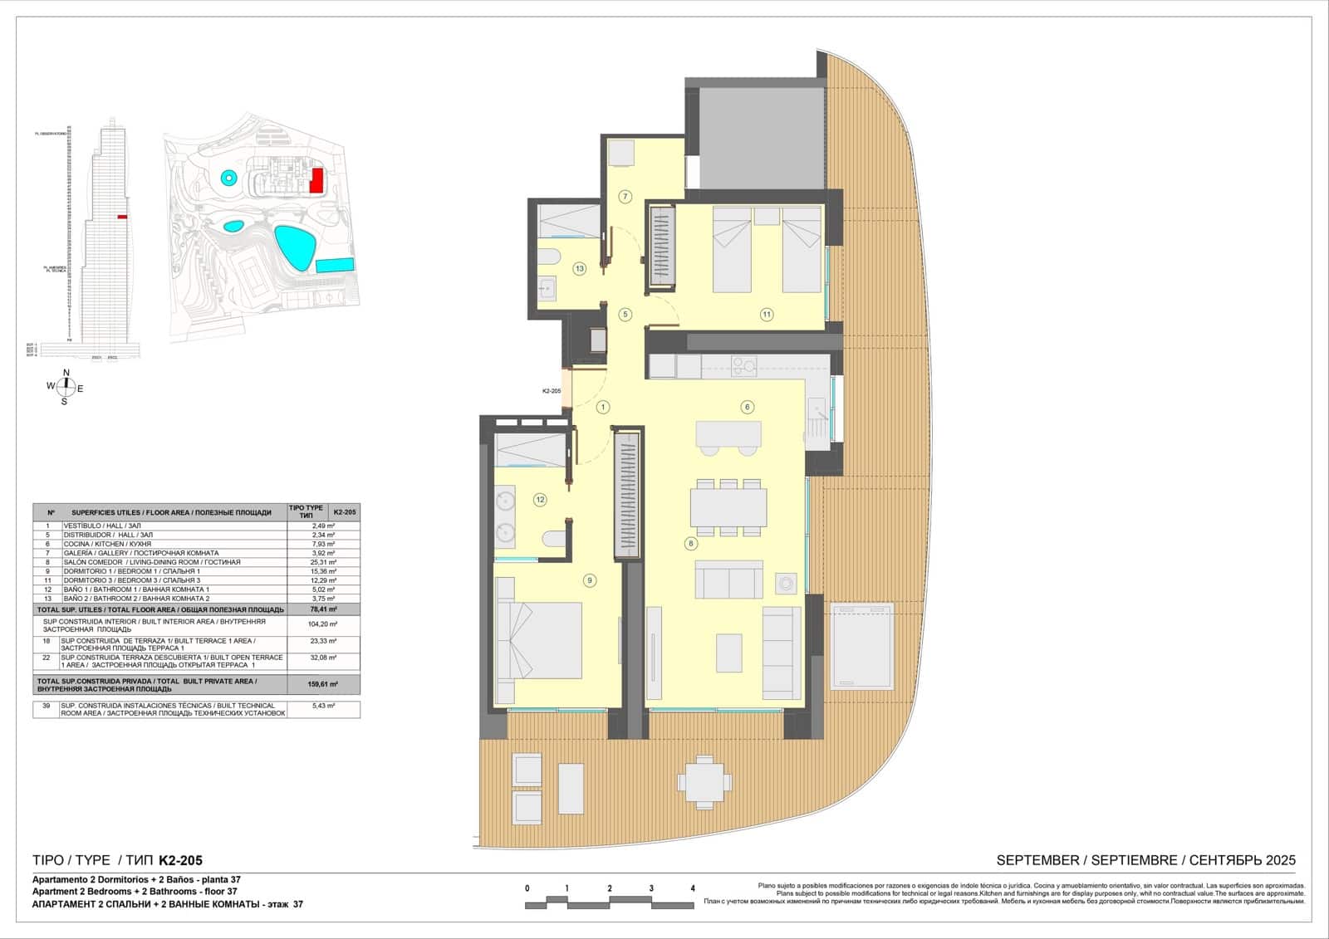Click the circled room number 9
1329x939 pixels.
tap(590, 580)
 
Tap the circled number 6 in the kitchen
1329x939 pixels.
tap(748, 407)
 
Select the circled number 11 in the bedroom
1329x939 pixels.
tap(767, 314)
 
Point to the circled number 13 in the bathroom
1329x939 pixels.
tap(580, 268)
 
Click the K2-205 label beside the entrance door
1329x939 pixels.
tap(552, 391)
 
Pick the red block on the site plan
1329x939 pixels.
tap(316, 179)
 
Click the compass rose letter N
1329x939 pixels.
tap(66, 373)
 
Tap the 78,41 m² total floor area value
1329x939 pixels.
tap(324, 609)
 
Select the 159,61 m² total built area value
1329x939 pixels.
tap(324, 684)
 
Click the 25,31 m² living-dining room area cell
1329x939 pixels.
tap(324, 562)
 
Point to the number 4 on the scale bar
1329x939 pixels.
tap(693, 888)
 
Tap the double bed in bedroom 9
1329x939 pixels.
tap(538, 642)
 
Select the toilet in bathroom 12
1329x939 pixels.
tap(553, 540)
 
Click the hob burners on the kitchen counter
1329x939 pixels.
tap(743, 366)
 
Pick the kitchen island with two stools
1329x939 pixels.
tap(728, 434)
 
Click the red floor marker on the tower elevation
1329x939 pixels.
tap(122, 217)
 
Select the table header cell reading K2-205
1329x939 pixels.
tap(344, 512)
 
